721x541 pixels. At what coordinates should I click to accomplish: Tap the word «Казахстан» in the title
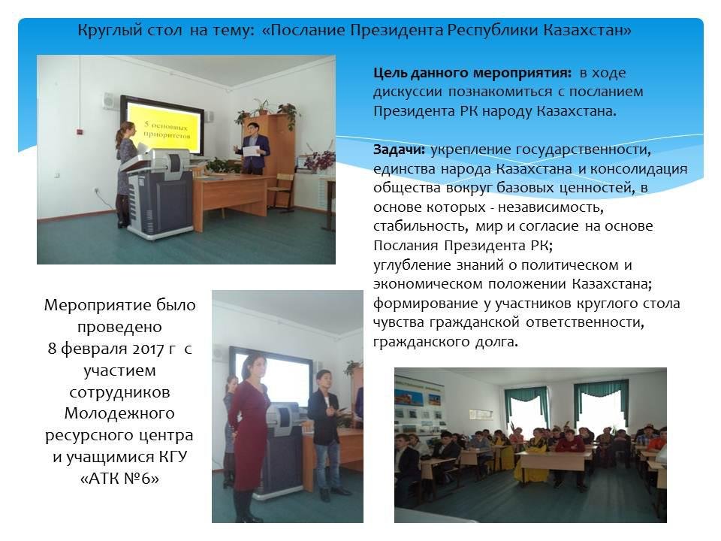(587, 30)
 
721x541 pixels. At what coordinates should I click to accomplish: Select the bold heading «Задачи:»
(399, 150)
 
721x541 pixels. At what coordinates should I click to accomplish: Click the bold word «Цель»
(391, 74)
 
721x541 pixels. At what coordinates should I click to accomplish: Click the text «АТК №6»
(120, 479)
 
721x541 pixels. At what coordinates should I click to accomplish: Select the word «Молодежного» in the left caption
(119, 413)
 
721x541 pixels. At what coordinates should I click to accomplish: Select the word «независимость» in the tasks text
(550, 208)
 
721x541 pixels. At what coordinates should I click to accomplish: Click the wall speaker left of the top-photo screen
(109, 101)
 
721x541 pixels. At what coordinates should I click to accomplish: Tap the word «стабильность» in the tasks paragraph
(421, 227)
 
